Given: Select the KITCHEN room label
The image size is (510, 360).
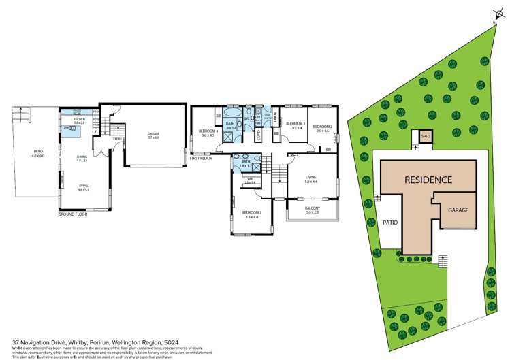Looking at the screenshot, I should coord(79,120).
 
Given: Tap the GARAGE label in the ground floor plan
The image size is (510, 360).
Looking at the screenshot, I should coord(153,135).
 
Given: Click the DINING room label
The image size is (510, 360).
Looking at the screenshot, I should coord(82,157).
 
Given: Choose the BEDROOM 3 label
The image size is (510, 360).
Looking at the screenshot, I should coord(295,126).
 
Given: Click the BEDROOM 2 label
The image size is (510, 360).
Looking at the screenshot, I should coord(323,126).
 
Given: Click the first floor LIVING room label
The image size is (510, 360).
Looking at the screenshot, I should coord(311,180).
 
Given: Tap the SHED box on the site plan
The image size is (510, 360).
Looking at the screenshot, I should coord(426,135).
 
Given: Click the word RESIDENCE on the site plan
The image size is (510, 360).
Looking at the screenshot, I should coord(428,180).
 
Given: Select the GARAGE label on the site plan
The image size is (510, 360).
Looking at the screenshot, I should coord(457,210).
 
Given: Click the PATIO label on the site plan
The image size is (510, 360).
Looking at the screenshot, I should coord(389,222).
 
